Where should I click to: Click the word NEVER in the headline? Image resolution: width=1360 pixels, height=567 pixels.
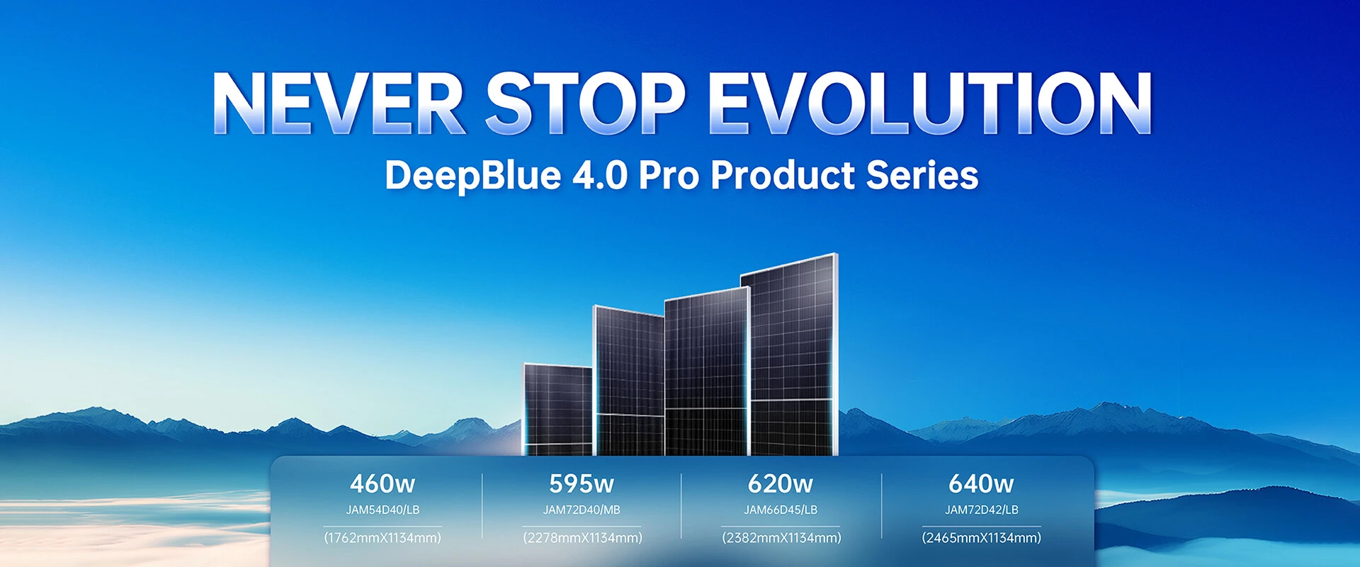point(339,103)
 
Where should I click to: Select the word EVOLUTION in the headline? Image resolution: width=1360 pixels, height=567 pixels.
point(930,103)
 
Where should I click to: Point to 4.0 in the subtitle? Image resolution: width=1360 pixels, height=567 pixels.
point(600,175)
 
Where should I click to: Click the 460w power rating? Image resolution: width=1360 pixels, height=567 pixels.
point(382,484)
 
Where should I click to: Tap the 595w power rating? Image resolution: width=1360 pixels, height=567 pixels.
point(582,484)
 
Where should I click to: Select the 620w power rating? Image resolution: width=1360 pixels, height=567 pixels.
point(781,484)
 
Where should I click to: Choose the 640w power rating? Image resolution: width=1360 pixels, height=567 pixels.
point(981,484)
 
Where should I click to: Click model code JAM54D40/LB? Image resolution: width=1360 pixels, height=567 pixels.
point(382,510)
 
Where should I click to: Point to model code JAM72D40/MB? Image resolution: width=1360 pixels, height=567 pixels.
point(582,510)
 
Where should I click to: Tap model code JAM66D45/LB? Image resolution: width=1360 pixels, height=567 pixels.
point(781,510)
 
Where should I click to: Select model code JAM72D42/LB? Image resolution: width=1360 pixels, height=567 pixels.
point(981,510)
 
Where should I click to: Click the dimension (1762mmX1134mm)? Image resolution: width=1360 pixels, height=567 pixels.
point(382,538)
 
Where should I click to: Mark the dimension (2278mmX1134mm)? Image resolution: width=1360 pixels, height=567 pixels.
point(582,538)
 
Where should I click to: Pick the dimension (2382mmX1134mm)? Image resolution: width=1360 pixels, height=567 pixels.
point(781,538)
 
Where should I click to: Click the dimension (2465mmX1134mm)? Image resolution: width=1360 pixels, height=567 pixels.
point(981,538)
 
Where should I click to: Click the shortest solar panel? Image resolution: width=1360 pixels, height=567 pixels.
point(558,410)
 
